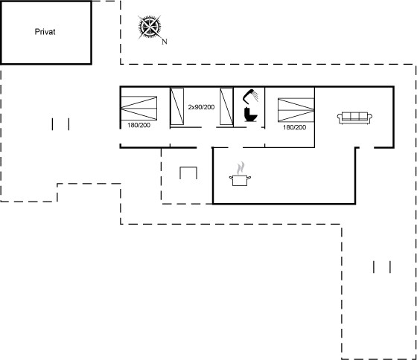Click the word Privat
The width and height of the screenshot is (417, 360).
[x=45, y=32]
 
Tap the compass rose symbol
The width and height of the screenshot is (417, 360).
[x=150, y=27]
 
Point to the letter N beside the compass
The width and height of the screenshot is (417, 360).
[x=165, y=42]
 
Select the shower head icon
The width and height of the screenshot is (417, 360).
[x=250, y=97]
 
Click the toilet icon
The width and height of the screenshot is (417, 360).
[x=250, y=115]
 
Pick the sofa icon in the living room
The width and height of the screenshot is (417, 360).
[x=354, y=118]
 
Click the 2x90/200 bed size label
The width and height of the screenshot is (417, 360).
[x=201, y=107]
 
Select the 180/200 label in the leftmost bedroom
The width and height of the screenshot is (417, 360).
[x=139, y=125]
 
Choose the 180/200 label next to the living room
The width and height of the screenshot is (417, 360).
[x=294, y=127]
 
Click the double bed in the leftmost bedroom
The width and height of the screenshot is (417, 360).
[x=139, y=108]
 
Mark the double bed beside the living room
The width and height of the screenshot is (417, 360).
[x=296, y=110]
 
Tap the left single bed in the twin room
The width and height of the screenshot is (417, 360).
[x=177, y=106]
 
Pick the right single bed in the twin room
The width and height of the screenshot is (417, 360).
[x=226, y=106]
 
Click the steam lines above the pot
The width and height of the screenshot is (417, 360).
[x=241, y=167]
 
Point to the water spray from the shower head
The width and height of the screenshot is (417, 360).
[x=255, y=96]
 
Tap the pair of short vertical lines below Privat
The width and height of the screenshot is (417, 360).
[x=60, y=124]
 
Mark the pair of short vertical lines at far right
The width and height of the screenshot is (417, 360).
[x=382, y=267]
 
